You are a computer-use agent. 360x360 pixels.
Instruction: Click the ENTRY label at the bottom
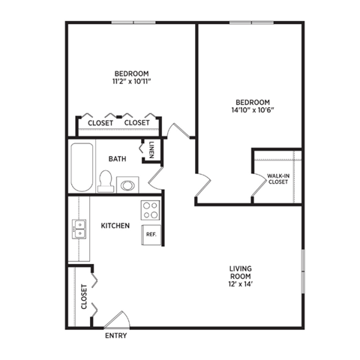[x=116, y=335]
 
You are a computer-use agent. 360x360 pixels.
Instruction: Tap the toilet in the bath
[x=106, y=181]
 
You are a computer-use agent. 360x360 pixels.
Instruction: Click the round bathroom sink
[x=127, y=184]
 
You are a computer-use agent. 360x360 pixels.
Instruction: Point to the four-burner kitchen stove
[x=150, y=209]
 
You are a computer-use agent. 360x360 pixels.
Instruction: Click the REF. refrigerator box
[x=151, y=234]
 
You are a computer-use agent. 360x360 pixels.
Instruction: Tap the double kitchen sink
[x=78, y=229]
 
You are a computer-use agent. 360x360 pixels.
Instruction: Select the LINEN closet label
[x=152, y=150]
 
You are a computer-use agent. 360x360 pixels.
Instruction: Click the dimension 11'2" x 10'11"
[x=131, y=82]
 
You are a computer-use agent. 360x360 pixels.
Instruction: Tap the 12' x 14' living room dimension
[x=241, y=284]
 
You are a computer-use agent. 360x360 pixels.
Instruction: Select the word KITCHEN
[x=115, y=225]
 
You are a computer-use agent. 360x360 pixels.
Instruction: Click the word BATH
[x=117, y=158]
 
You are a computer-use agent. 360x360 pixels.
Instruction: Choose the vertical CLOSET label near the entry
[x=84, y=296]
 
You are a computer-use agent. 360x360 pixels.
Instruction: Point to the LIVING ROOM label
[x=241, y=271]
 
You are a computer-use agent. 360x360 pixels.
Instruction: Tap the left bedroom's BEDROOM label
[x=131, y=73]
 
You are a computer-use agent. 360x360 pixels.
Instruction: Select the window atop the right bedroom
[x=251, y=22]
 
